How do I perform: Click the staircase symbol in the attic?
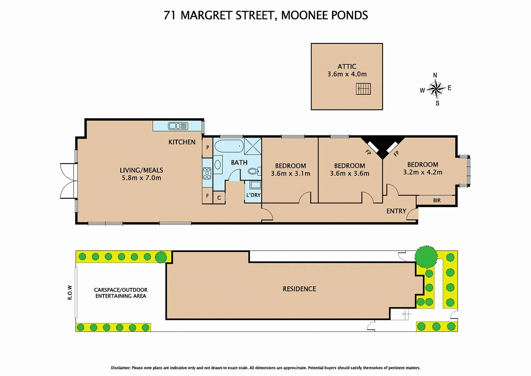(363, 89)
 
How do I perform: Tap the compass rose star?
(436, 89)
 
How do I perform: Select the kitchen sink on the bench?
(178, 126)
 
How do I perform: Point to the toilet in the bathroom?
(254, 171)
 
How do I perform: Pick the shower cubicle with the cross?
(253, 146)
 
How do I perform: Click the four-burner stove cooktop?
(207, 173)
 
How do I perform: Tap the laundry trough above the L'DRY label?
(255, 185)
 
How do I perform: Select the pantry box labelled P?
(207, 147)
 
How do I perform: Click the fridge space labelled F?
(207, 196)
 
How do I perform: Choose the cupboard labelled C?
(219, 198)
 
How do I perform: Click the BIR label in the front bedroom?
(437, 201)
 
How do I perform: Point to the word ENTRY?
(396, 211)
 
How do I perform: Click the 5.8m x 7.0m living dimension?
(141, 178)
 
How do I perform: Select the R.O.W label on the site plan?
(70, 292)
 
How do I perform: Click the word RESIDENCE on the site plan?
(299, 289)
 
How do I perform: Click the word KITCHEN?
(182, 142)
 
